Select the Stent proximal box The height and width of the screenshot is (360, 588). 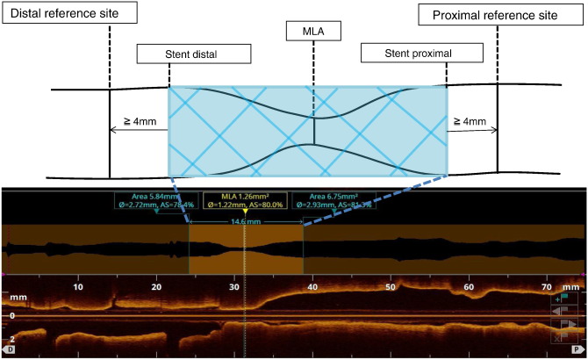tap(405, 54)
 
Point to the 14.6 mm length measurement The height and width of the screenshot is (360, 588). tap(246, 223)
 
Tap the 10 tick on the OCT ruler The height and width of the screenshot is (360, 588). tap(78, 286)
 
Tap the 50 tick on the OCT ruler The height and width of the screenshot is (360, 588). tap(391, 286)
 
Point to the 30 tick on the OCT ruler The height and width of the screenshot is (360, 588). tap(234, 286)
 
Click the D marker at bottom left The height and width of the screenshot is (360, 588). tap(11, 349)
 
